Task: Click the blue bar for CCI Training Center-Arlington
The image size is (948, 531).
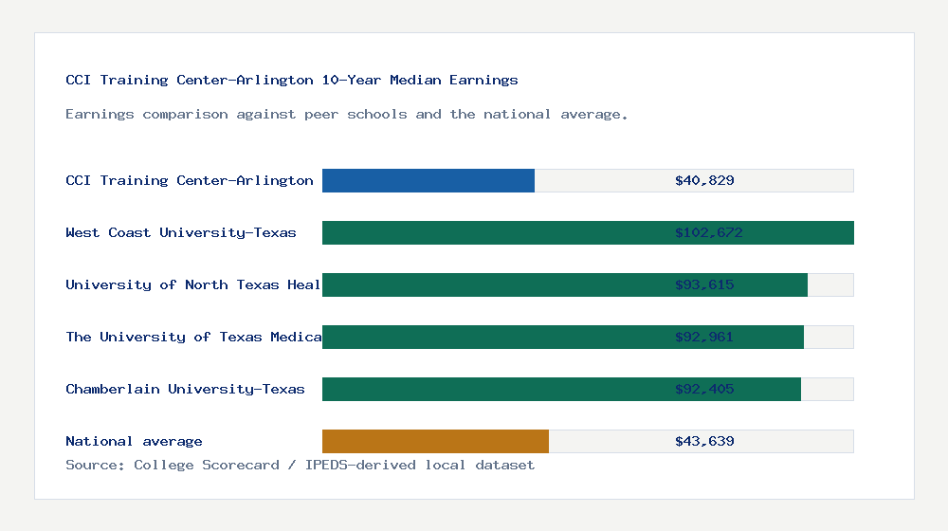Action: (x=428, y=180)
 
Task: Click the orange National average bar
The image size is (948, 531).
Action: (x=435, y=441)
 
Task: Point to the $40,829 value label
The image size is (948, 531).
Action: (x=704, y=180)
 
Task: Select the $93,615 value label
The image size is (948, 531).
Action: (x=704, y=284)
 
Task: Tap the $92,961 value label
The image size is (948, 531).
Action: (x=704, y=337)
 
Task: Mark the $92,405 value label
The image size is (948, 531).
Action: (x=704, y=389)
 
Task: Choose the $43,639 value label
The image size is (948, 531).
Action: (x=704, y=441)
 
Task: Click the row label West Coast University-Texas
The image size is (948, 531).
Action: (x=181, y=232)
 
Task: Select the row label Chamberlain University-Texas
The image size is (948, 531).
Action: (x=185, y=389)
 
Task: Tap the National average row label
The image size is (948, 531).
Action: (x=134, y=441)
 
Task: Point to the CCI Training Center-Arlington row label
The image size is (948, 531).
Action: (x=190, y=180)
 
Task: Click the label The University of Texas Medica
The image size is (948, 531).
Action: (x=193, y=337)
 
